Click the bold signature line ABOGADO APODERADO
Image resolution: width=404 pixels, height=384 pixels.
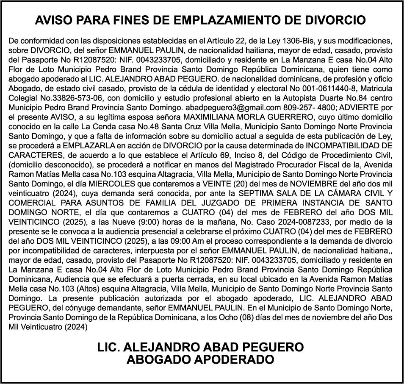click(200, 360)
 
